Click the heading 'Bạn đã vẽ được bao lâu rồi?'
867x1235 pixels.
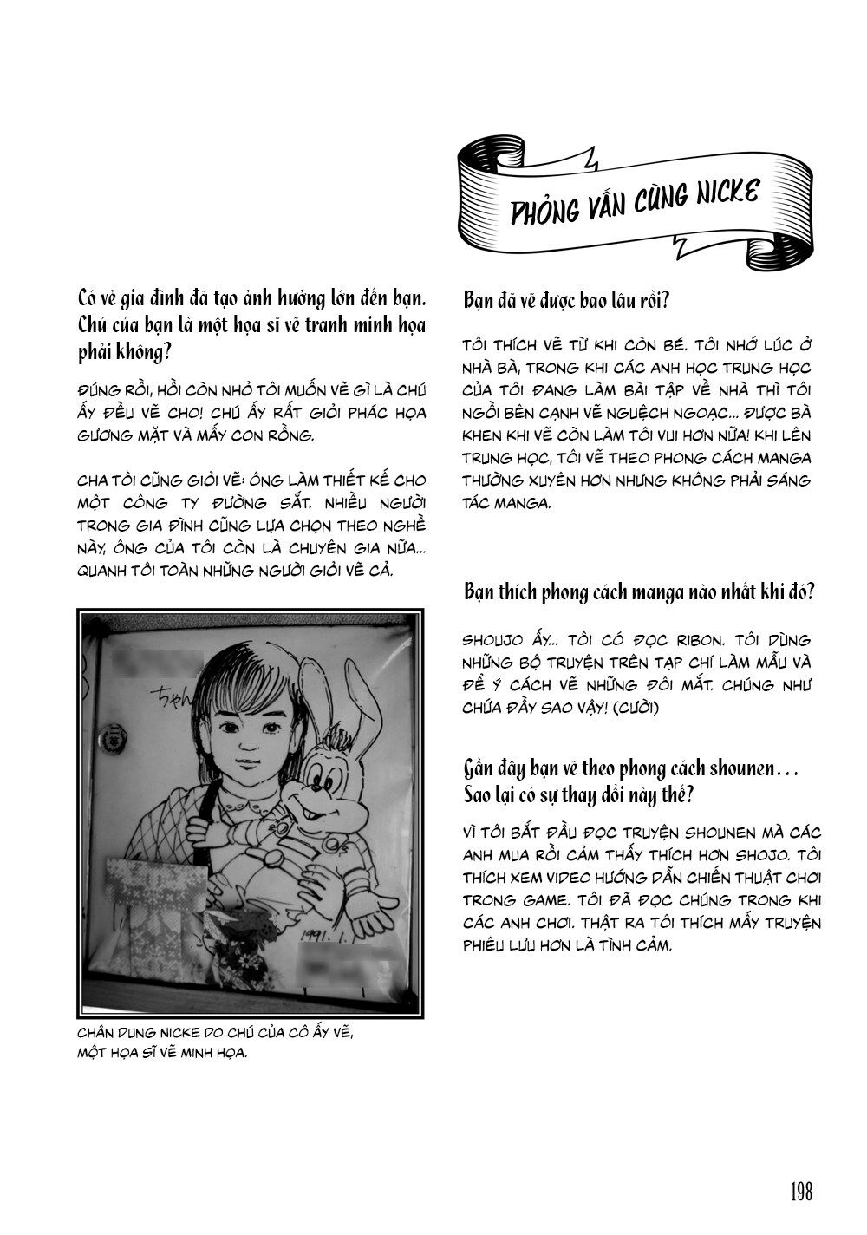pyautogui.click(x=565, y=302)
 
